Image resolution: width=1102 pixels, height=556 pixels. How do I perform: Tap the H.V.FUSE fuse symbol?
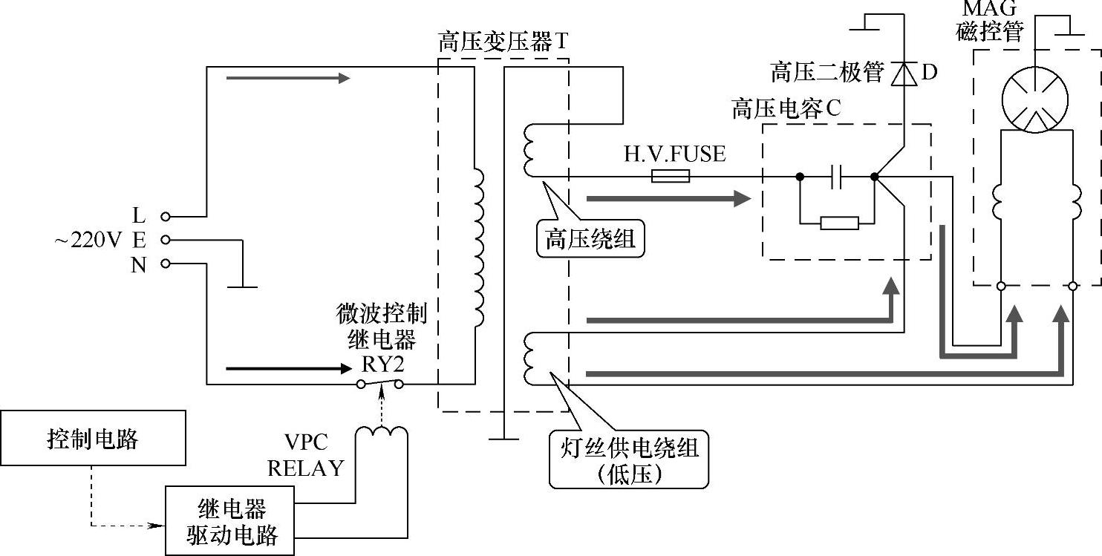pos(671,177)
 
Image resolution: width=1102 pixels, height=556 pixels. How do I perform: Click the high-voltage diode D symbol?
pos(904,73)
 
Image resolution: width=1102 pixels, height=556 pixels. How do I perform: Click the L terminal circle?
pos(166,216)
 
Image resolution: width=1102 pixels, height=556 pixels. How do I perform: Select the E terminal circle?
pos(166,240)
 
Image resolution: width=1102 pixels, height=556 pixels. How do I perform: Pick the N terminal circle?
pos(166,264)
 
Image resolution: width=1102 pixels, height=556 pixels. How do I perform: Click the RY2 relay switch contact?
pos(379,383)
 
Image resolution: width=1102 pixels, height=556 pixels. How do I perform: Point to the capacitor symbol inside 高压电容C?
pos(837,177)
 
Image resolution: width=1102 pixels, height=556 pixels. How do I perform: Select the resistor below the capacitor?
pos(839,223)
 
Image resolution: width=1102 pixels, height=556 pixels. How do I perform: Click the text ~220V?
pos(88,241)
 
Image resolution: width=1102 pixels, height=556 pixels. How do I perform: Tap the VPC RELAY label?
pos(306,455)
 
